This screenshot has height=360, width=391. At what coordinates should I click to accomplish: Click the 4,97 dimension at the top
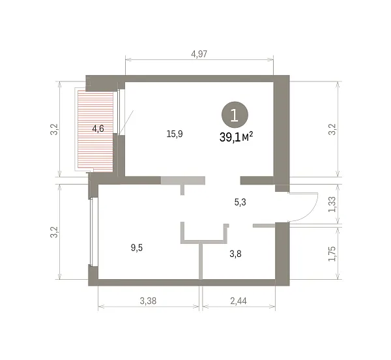199,54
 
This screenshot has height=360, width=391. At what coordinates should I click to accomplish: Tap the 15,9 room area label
175,134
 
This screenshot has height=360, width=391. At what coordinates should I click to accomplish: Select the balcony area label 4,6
98,128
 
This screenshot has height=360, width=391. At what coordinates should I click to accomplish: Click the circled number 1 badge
235,115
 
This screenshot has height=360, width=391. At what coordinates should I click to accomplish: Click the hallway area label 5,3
240,202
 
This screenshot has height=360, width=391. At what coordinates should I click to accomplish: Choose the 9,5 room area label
137,248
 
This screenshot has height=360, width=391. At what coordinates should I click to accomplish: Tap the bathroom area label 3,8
235,254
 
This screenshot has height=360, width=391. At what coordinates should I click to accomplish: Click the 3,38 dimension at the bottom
148,301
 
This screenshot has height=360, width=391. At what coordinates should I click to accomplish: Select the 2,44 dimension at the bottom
239,301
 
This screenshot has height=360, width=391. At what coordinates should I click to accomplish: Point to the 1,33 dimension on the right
332,204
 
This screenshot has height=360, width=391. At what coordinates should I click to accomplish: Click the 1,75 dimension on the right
332,254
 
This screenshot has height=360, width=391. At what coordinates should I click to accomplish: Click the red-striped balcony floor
95,131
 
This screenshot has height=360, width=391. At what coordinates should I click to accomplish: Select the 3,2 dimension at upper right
332,130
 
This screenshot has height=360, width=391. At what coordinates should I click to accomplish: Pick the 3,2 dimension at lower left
54,232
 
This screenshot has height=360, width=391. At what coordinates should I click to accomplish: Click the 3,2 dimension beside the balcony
54,130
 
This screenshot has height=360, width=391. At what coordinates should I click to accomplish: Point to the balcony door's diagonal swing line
126,122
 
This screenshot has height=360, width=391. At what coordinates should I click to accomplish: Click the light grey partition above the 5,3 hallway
182,181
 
